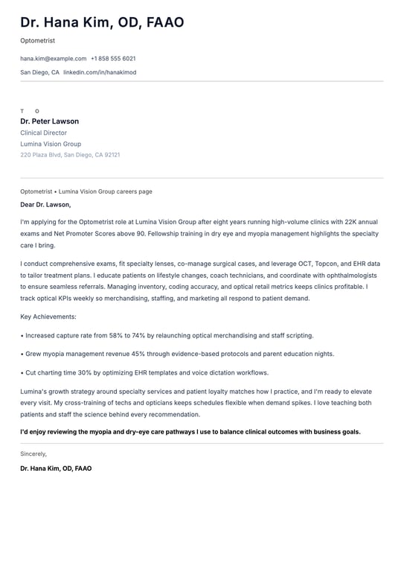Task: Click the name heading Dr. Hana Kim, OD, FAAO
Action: click(102, 23)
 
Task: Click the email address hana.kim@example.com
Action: click(53, 58)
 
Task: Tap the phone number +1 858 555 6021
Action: click(113, 58)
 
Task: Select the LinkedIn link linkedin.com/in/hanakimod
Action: click(100, 72)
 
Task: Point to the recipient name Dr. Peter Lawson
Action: click(49, 121)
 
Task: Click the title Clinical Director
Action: click(43, 133)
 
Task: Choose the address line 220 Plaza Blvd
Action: click(41, 155)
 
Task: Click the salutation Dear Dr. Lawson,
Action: click(45, 204)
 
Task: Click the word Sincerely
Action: click(33, 454)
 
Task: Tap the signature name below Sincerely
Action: click(56, 468)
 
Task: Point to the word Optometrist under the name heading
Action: click(37, 40)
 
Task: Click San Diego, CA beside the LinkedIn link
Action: click(39, 72)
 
